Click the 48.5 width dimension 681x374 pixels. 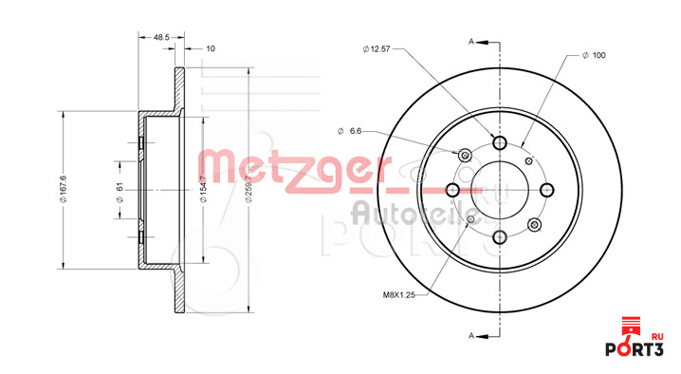point(160,37)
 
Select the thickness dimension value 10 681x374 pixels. point(210,47)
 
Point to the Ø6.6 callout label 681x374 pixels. point(351,130)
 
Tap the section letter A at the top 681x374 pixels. point(471,42)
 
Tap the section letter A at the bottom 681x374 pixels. point(471,335)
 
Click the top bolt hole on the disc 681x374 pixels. point(500,142)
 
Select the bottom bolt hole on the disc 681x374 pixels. point(500,236)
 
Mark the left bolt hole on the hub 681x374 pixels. point(453,189)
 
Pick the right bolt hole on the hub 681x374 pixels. point(546,189)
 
